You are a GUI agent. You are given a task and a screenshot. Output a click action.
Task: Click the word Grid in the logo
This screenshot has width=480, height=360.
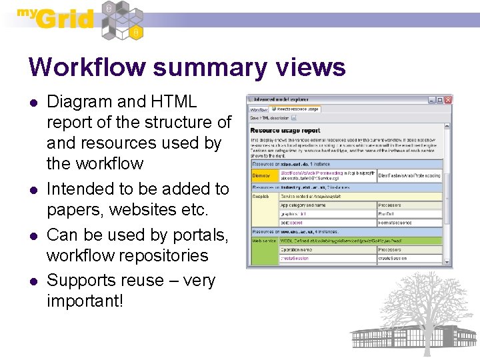(65, 19)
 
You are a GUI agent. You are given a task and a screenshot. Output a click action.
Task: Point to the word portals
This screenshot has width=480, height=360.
(200, 235)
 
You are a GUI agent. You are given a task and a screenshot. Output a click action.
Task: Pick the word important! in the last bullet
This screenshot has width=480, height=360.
(85, 301)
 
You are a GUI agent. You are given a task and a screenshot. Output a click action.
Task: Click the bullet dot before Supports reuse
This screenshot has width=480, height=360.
(32, 281)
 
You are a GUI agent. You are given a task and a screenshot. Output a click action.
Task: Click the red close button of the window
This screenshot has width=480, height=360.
(448, 100)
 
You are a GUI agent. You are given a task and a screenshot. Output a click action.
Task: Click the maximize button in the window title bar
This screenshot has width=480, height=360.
(440, 100)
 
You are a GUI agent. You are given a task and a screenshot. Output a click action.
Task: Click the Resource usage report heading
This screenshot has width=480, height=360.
(285, 130)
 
